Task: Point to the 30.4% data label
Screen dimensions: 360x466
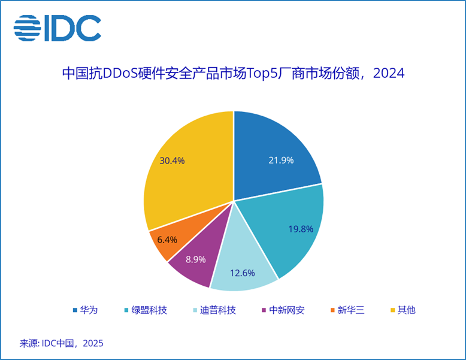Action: [x=172, y=161]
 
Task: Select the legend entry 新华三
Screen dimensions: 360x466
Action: [x=347, y=310]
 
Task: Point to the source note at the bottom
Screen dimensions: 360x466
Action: [x=62, y=343]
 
